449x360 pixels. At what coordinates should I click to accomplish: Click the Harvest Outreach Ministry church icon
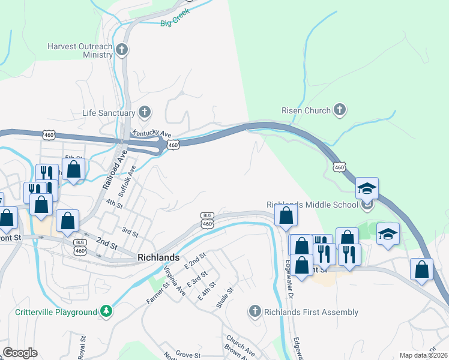coord(122,50)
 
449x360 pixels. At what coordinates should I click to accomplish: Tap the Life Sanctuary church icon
coord(144,112)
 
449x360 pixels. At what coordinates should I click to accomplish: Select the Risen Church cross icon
coord(340,110)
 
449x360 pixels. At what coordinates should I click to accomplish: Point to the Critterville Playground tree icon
coord(106,311)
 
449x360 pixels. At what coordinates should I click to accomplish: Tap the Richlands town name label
coord(158,257)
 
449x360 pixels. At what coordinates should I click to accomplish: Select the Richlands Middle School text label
coord(312,205)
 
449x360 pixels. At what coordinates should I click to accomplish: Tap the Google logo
coord(20,353)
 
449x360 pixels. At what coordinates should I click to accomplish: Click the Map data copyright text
coord(424,355)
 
